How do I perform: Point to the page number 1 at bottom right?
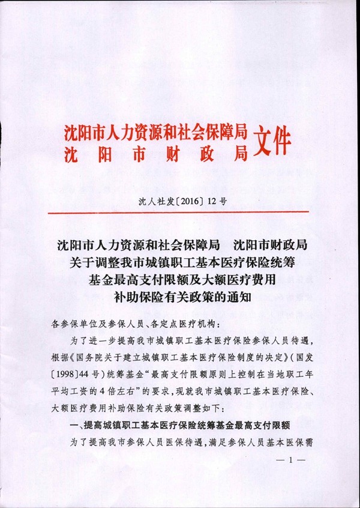click(x=293, y=460)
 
